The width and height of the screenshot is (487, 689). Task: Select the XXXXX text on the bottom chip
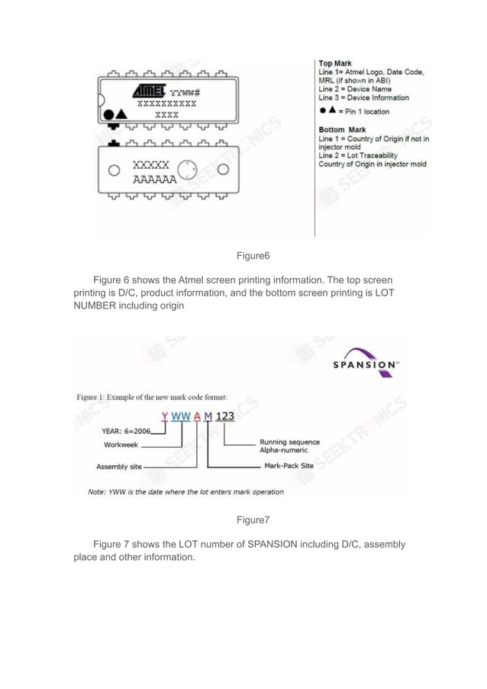coord(150,166)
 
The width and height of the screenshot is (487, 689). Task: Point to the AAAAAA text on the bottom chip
coord(154,180)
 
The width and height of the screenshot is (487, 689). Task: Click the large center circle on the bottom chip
coord(188,170)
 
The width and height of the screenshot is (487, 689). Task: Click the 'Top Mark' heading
coord(334,63)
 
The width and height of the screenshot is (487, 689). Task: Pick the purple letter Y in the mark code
coord(164,416)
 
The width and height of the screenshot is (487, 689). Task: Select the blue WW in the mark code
coord(181,416)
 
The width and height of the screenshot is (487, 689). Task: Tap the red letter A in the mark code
coord(196,416)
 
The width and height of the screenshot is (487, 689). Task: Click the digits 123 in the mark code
coord(224,416)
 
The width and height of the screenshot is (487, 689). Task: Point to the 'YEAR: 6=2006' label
coord(127,431)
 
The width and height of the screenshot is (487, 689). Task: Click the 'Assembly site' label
coord(118,466)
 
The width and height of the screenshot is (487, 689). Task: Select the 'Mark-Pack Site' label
coord(289,465)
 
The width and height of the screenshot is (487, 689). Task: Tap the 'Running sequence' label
coord(289,442)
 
